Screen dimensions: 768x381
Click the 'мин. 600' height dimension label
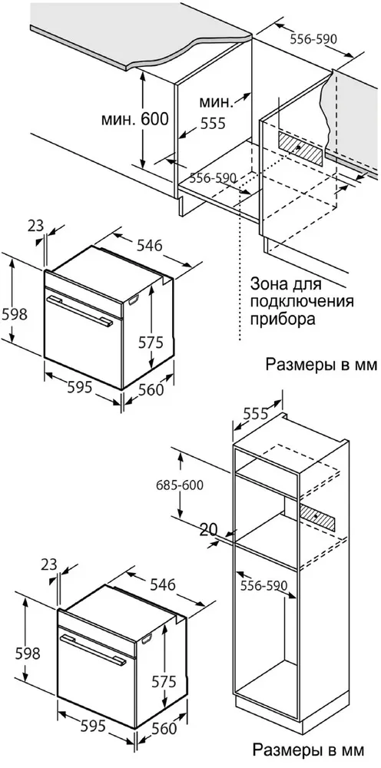pyautogui.click(x=135, y=120)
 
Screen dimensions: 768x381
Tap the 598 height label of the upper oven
pyautogui.click(x=15, y=314)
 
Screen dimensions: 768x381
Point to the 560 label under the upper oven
pyautogui.click(x=151, y=390)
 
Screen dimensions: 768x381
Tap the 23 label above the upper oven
pyautogui.click(x=34, y=227)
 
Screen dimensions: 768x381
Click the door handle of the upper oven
pyautogui.click(x=77, y=308)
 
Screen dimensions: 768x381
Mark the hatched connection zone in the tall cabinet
pyautogui.click(x=316, y=517)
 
